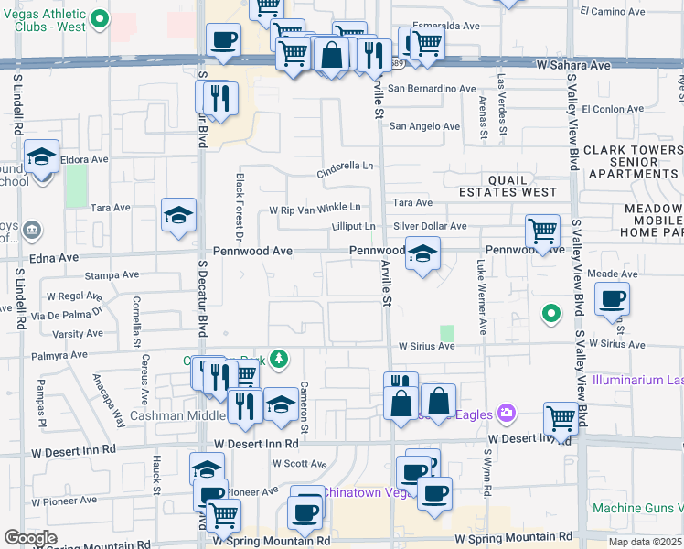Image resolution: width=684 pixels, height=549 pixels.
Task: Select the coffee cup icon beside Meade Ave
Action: click(611, 297)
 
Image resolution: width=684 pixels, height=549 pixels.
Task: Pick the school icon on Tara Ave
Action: click(178, 215)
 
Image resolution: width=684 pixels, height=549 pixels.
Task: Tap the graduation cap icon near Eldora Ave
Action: click(41, 156)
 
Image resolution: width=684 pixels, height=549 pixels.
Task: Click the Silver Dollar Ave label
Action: click(430, 226)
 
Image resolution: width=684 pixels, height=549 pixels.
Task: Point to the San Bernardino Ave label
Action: click(432, 89)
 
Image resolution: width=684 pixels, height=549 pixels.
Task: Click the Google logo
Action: click(30, 538)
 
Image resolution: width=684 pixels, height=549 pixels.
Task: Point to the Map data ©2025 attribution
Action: click(644, 542)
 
